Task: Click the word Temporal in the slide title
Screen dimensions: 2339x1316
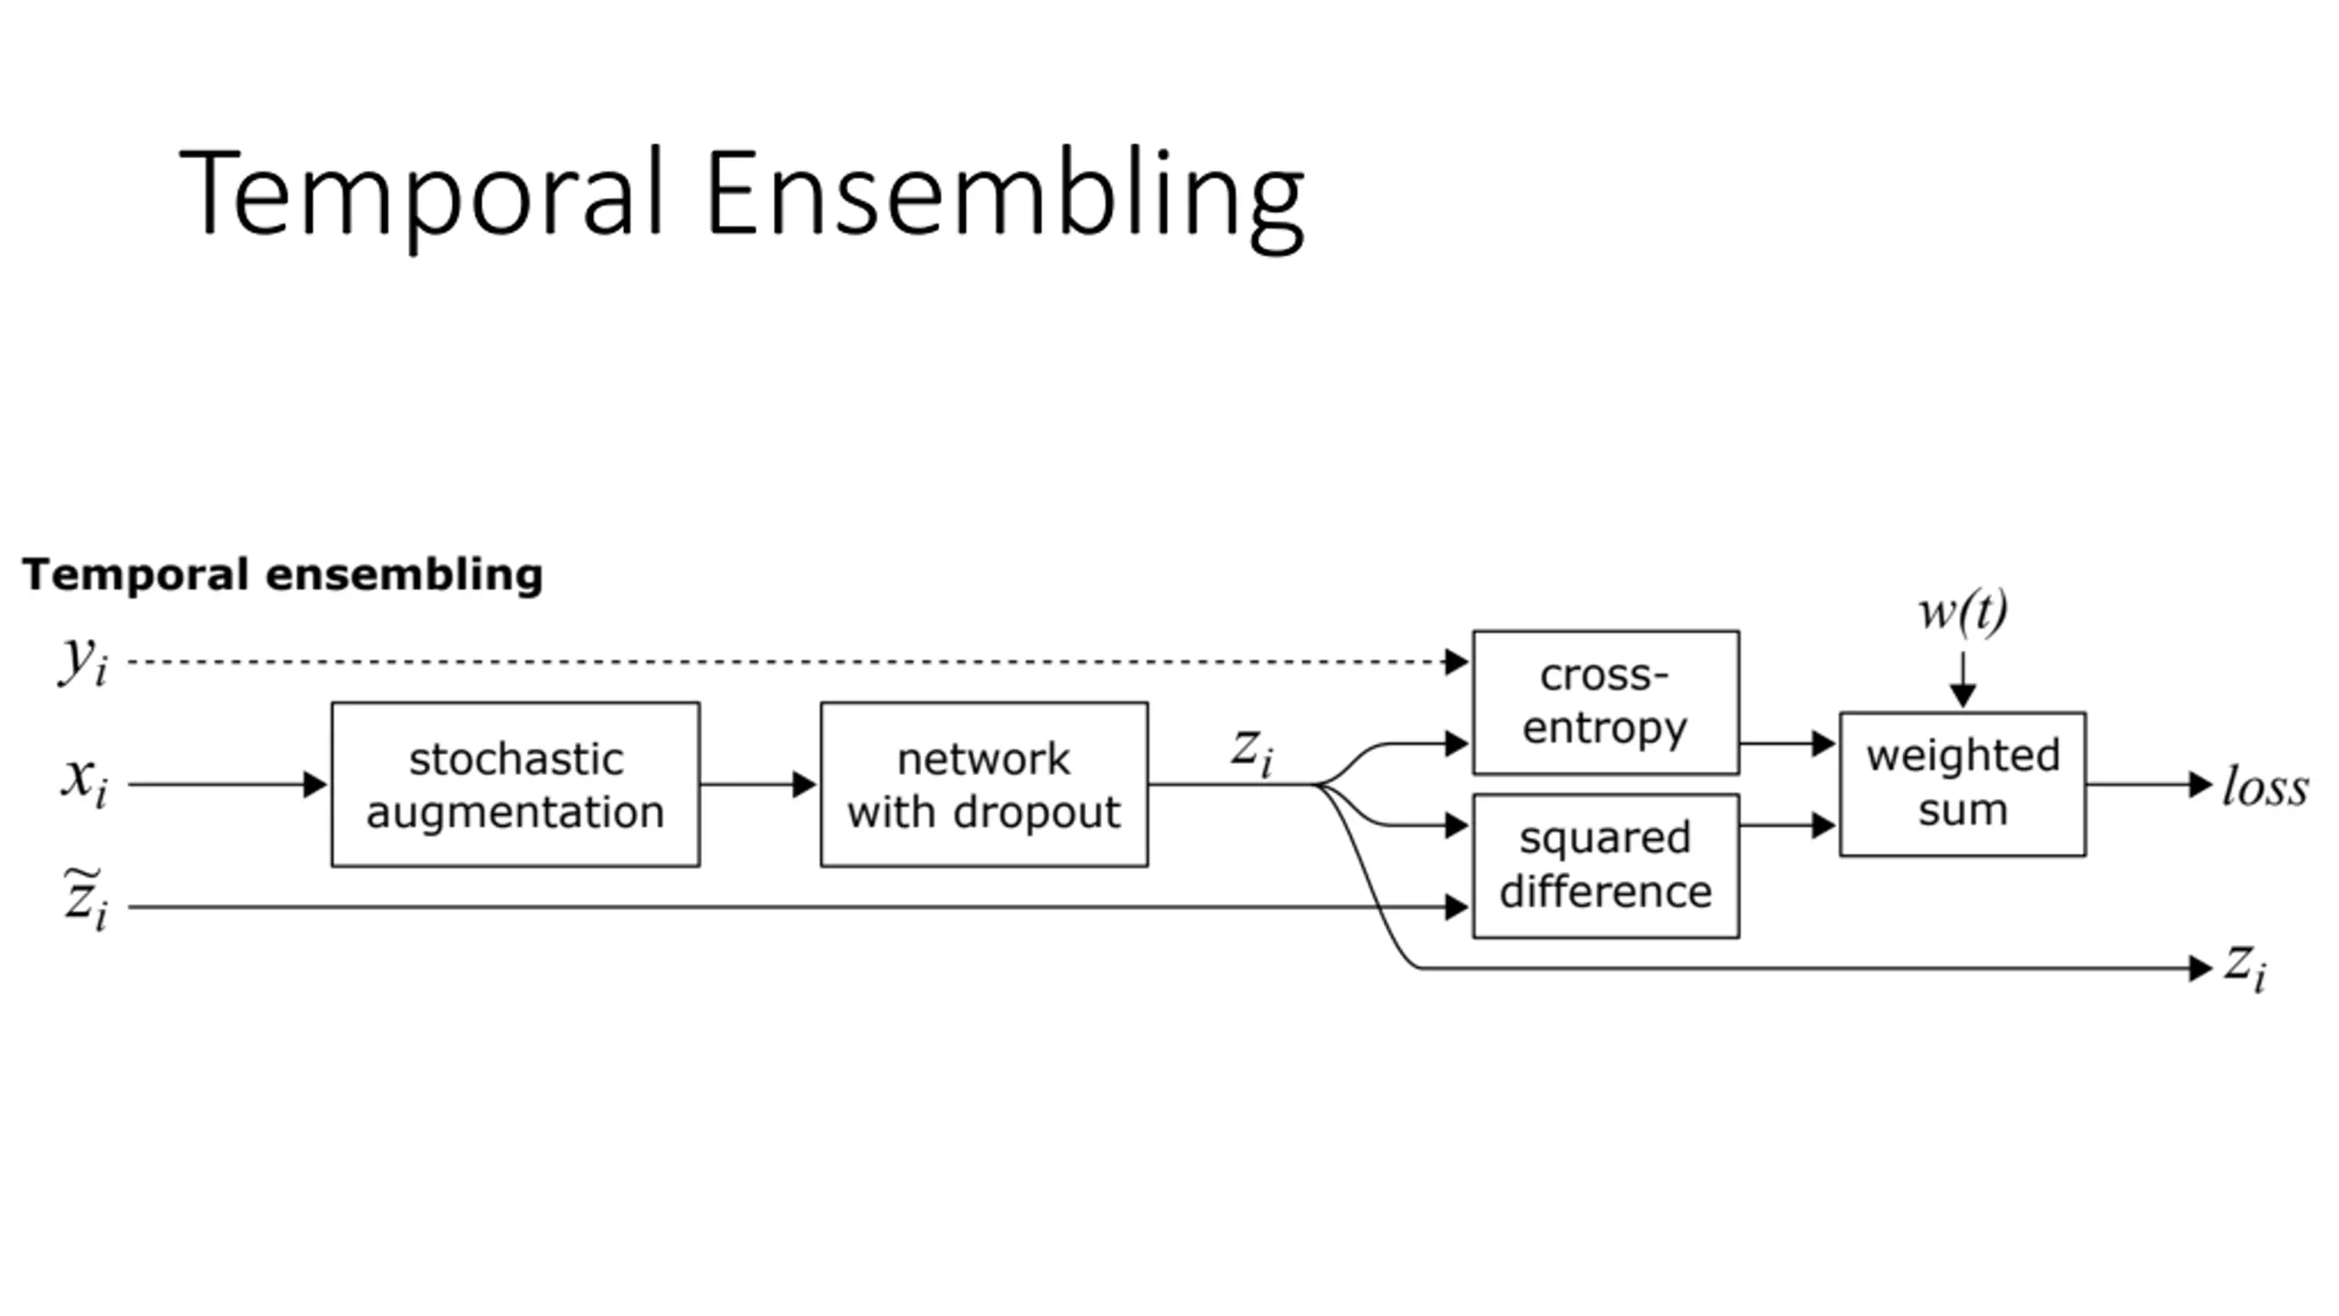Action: coord(421,194)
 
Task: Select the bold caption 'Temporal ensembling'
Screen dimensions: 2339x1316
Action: coord(282,576)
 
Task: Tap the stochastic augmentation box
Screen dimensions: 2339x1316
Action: coord(515,784)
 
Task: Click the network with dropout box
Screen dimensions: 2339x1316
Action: coord(984,784)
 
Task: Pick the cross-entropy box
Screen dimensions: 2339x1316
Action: coord(1605,702)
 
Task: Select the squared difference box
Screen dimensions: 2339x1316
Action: coord(1605,865)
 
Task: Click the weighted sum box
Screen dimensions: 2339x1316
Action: coord(1963,784)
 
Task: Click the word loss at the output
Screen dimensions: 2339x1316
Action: coord(2265,786)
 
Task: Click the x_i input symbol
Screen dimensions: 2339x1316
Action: coord(84,782)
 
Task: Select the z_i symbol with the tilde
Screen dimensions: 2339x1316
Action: coord(84,899)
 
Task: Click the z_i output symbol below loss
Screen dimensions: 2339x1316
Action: coord(2246,966)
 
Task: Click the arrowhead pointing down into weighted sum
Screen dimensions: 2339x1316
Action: coord(1963,695)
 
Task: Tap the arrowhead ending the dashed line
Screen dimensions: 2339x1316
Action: coord(1456,662)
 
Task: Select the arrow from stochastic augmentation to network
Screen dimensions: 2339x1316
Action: coord(758,784)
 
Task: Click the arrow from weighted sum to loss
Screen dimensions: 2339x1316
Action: coord(2150,784)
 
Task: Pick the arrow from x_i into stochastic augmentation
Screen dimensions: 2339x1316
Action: coord(228,784)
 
